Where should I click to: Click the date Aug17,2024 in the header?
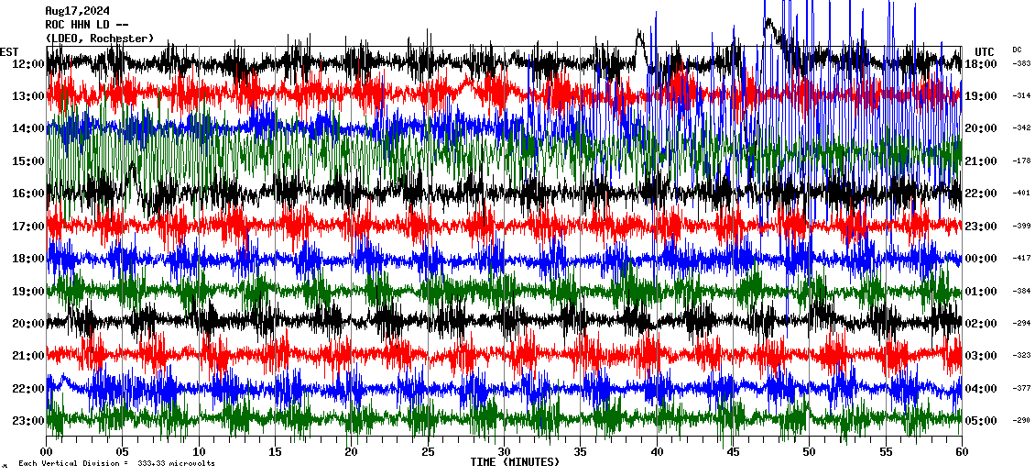[x=77, y=11]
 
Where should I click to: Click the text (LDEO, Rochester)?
[x=100, y=39]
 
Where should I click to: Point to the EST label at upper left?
[x=9, y=51]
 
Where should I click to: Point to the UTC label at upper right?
[x=985, y=51]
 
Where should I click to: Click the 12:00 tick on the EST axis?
[x=28, y=63]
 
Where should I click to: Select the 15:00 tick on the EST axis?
[x=28, y=161]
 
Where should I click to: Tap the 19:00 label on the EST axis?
[x=28, y=292]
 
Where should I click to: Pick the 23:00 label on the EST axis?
[x=28, y=421]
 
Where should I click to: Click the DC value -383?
[x=1021, y=63]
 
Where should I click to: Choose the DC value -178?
[x=1021, y=161]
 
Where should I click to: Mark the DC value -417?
[x=1021, y=259]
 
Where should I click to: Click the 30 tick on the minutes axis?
[x=504, y=452]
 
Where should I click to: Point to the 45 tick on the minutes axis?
[x=732, y=452]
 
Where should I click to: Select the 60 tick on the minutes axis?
[x=961, y=452]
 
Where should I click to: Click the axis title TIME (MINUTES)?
[x=515, y=462]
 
